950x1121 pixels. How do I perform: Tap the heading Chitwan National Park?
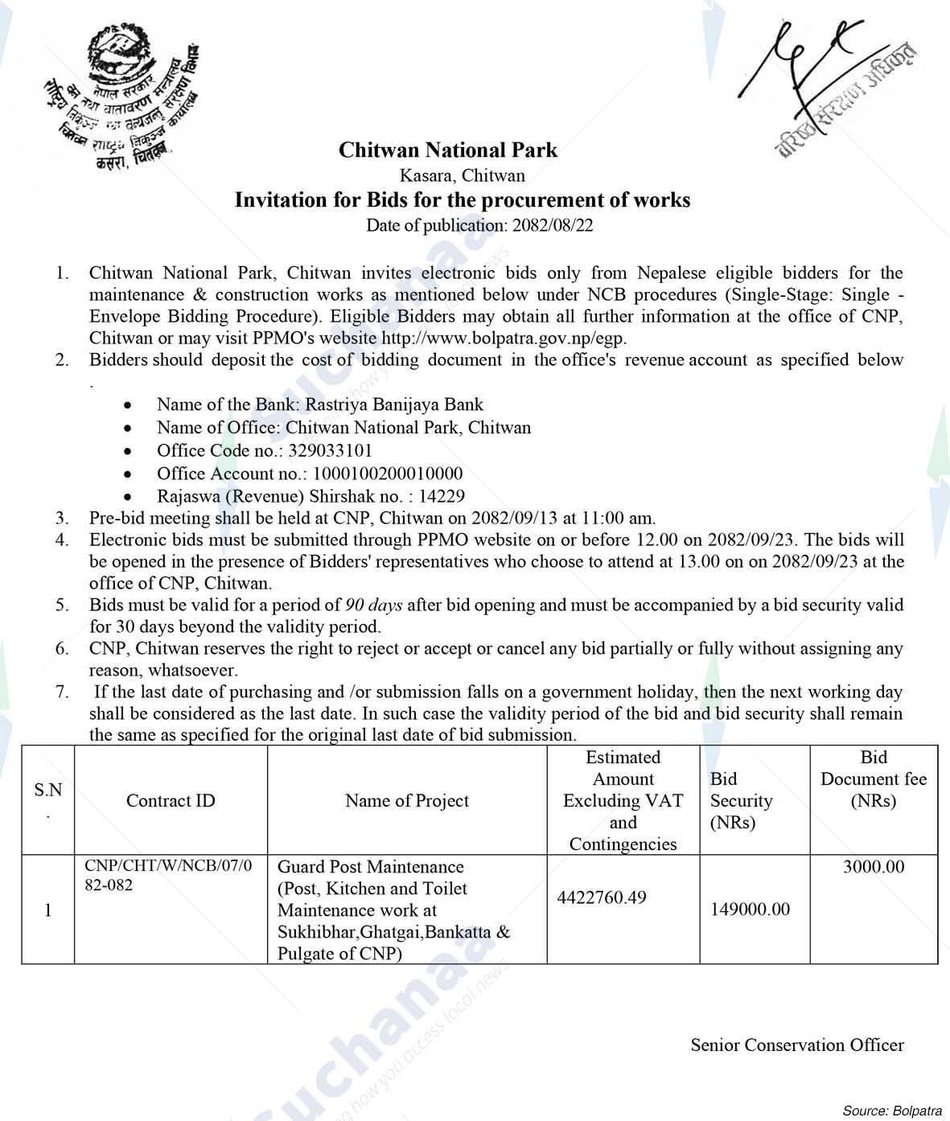coord(447,150)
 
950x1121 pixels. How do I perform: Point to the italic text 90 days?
coord(373,605)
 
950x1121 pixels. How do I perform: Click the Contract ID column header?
coord(171,801)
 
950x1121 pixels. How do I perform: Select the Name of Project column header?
coord(406,801)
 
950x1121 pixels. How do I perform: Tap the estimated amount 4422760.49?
coord(602,897)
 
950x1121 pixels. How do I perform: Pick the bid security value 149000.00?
coord(750,910)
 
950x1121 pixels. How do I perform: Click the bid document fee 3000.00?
coord(873,867)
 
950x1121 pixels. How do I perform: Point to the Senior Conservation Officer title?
coord(796,1045)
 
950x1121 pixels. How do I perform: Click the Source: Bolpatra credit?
coord(891,1111)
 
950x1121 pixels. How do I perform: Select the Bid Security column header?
coord(741,801)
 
